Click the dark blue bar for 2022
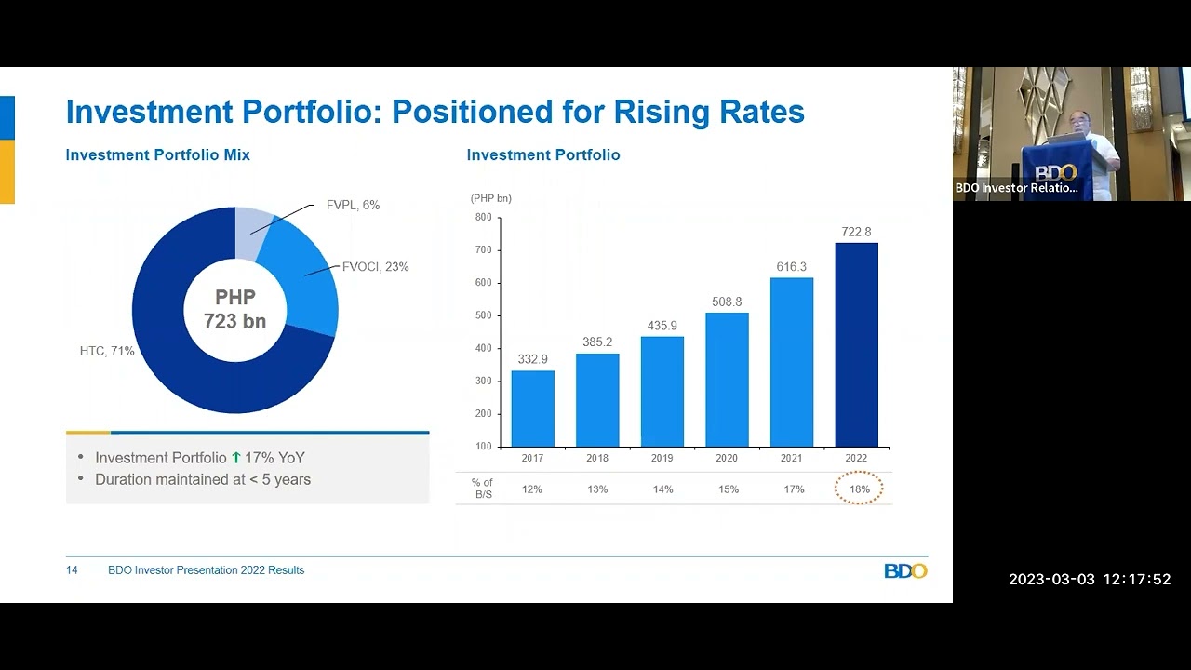click(856, 345)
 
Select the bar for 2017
click(532, 409)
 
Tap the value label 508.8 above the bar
click(727, 301)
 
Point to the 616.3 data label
click(792, 267)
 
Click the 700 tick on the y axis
click(483, 250)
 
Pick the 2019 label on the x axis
click(662, 458)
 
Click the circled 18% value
click(858, 489)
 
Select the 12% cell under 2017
click(532, 489)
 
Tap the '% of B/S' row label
click(482, 489)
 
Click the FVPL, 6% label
click(353, 205)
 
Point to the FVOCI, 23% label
click(375, 267)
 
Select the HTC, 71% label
click(107, 351)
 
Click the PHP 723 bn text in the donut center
click(235, 310)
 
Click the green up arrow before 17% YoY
click(236, 458)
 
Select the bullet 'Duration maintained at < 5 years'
click(203, 479)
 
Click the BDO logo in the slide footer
click(905, 570)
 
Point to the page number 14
click(72, 570)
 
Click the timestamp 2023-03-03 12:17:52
click(1090, 580)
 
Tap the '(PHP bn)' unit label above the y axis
click(490, 198)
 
